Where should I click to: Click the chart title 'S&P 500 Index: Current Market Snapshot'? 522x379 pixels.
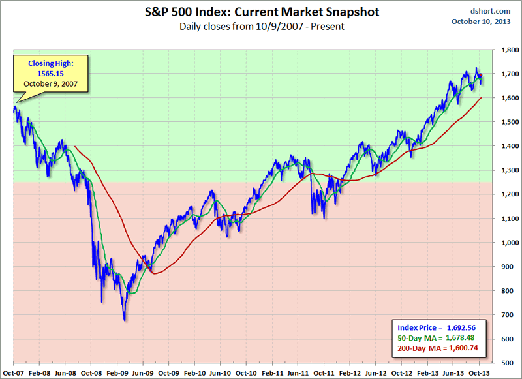click(x=260, y=12)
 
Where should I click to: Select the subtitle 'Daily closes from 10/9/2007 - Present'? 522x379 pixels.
click(x=260, y=27)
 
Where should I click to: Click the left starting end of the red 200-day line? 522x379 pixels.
click(x=76, y=146)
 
